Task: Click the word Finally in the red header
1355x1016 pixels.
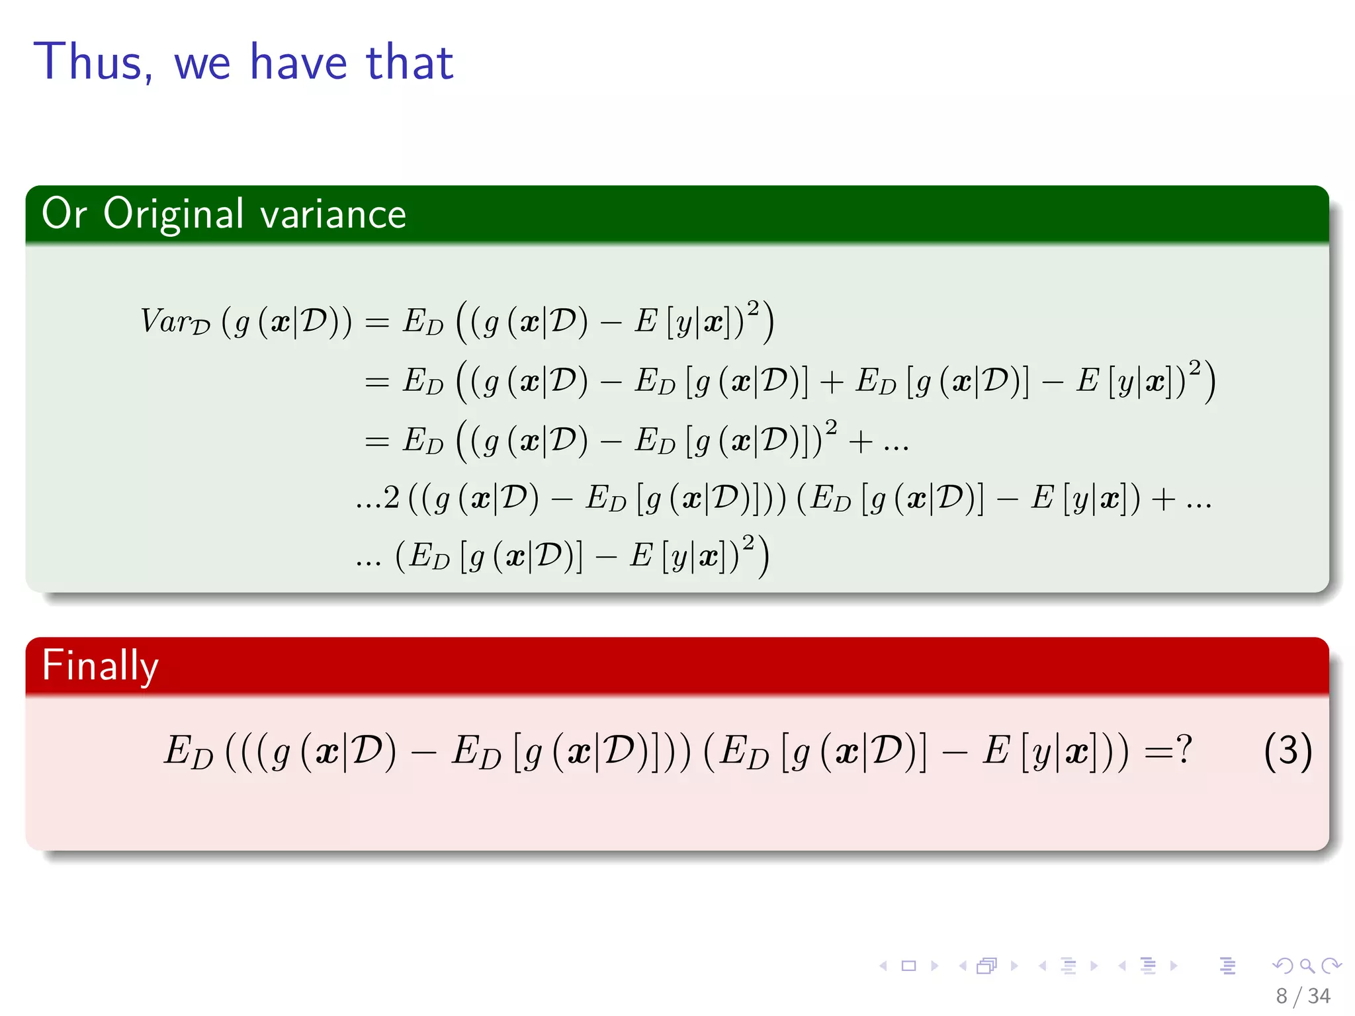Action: pyautogui.click(x=100, y=665)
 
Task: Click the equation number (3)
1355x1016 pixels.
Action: pyautogui.click(x=1288, y=751)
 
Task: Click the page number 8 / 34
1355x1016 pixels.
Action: pyautogui.click(x=1303, y=995)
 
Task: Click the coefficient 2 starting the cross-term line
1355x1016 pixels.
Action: pyautogui.click(x=392, y=497)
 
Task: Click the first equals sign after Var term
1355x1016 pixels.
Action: pyautogui.click(x=377, y=323)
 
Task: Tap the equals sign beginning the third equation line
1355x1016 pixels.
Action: pyautogui.click(x=377, y=441)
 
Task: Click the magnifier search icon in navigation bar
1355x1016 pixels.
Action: pyautogui.click(x=1307, y=966)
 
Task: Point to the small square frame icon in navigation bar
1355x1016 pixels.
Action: pyautogui.click(x=909, y=966)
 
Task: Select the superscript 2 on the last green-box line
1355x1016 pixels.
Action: pyautogui.click(x=748, y=542)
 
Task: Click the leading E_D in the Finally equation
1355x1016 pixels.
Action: pyautogui.click(x=189, y=752)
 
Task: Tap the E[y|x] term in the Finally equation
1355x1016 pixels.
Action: pyautogui.click(x=1035, y=752)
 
